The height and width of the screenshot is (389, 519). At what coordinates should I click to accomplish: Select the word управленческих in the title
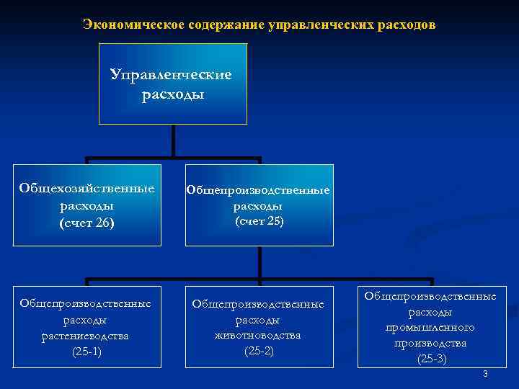coord(319,26)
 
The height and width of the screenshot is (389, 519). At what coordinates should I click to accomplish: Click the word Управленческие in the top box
coord(171,75)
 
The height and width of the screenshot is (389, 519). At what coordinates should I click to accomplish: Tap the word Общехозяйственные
coord(86,189)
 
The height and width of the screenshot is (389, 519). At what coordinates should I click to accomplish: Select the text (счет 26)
coord(86,223)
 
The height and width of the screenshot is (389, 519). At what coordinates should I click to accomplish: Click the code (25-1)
coord(86,352)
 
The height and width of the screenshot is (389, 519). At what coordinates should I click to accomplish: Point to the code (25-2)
coord(258,351)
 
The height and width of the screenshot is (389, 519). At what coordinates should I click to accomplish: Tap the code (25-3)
coord(430,359)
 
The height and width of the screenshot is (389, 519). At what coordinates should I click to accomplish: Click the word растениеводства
coord(86,336)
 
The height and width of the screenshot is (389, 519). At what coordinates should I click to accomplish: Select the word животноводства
coord(258,336)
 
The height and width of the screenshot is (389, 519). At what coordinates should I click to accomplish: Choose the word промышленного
coord(430,327)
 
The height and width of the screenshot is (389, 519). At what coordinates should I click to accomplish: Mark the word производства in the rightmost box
coord(430,343)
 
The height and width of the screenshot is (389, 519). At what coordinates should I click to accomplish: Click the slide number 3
coord(485,374)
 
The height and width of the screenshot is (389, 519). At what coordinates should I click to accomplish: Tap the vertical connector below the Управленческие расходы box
coord(173,140)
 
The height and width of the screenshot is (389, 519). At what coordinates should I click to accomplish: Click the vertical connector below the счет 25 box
coord(259,263)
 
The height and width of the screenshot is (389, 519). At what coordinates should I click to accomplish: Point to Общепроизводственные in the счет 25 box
coord(259,190)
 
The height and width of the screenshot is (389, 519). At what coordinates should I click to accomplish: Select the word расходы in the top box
coord(171,95)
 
